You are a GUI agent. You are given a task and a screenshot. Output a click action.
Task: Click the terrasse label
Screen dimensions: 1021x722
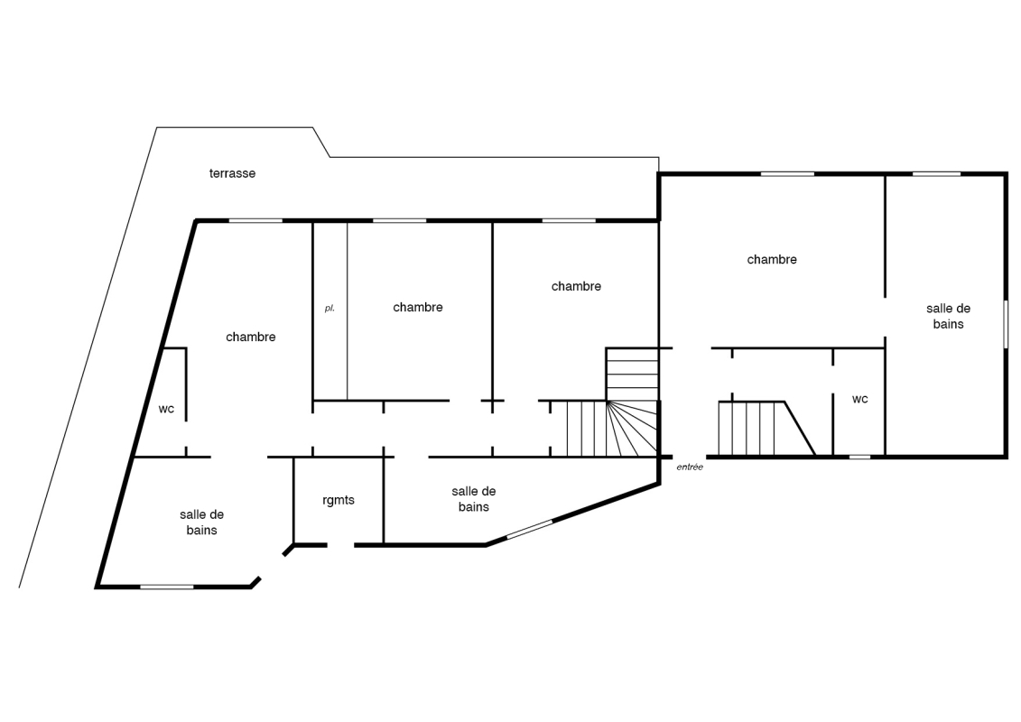233,173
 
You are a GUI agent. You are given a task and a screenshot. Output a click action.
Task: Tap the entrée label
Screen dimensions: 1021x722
690,467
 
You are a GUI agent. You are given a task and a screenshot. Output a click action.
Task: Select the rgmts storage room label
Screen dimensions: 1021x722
339,500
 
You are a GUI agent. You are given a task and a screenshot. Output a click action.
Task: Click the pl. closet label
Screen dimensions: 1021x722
330,308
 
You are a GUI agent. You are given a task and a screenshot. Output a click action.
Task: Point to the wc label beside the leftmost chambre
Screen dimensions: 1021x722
166,409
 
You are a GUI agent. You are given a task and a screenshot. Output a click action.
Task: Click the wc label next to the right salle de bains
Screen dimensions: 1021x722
859,399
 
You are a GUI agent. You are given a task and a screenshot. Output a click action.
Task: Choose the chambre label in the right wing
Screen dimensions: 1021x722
772,259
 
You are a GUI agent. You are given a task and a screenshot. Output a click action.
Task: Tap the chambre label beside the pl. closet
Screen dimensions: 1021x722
417,307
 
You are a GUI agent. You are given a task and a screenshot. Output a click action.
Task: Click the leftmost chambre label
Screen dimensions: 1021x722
251,337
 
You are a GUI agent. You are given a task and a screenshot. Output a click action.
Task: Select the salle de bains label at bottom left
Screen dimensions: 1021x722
202,523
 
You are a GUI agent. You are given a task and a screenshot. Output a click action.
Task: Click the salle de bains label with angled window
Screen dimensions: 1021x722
473,499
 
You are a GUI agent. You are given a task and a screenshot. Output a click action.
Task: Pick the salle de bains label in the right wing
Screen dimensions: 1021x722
948,316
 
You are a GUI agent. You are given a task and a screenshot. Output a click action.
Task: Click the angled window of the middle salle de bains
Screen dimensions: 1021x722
529,529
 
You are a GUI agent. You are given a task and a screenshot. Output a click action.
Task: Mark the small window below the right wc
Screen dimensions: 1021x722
859,457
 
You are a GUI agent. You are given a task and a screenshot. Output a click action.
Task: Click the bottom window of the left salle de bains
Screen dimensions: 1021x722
167,588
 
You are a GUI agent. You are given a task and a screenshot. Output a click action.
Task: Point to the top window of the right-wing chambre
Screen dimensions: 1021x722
787,174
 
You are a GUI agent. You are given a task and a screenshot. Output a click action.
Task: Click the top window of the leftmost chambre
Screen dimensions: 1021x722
255,221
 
